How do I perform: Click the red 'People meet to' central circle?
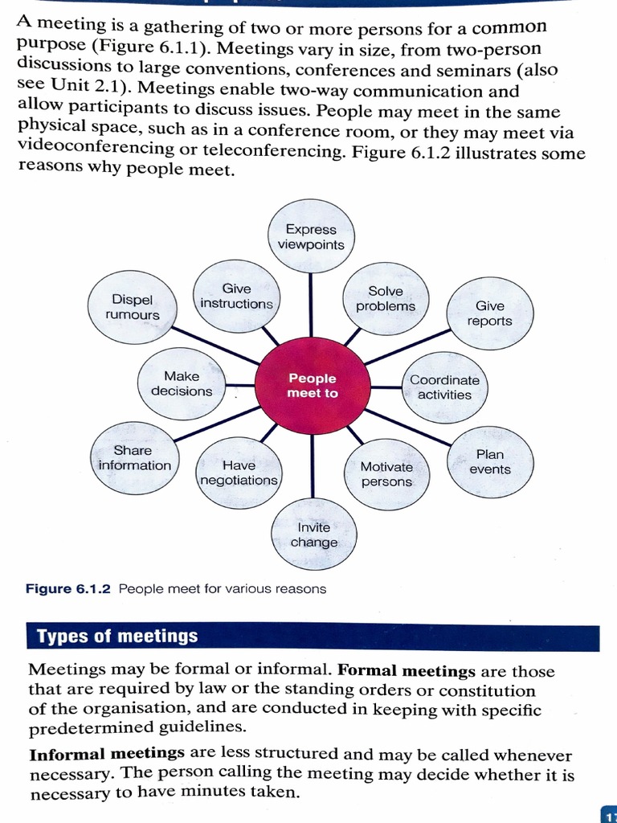(313, 386)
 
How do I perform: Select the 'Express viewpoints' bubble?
(311, 236)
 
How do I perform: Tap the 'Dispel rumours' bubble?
(133, 308)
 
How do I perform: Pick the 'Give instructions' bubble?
(237, 296)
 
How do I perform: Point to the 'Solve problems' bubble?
(386, 298)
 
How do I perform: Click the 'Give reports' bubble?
(489, 313)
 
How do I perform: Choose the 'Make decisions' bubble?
(182, 383)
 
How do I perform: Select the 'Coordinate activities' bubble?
(444, 387)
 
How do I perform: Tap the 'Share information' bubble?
(134, 458)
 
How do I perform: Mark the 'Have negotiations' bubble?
(239, 473)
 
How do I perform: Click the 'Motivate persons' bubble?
(386, 474)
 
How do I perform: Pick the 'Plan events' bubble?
(490, 461)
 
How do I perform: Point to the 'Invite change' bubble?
(314, 534)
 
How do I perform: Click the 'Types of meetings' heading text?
(117, 637)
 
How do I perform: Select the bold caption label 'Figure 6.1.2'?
(71, 588)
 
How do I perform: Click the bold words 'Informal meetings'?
(107, 754)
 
